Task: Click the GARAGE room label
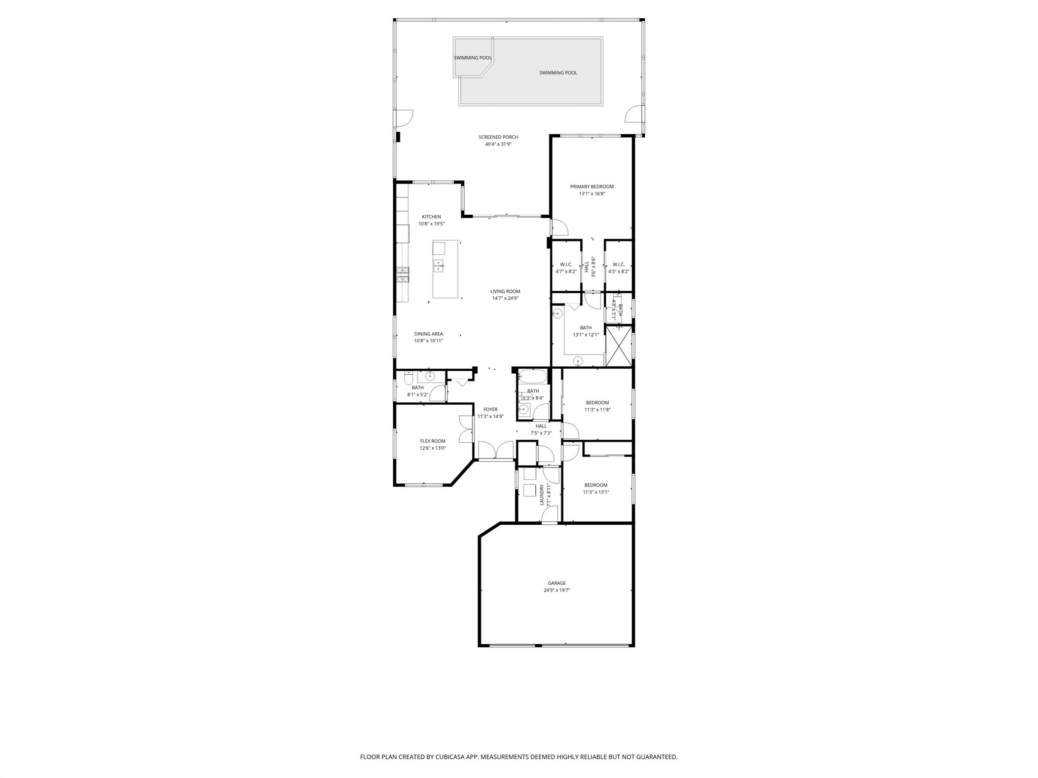[556, 583]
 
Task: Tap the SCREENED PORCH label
[498, 137]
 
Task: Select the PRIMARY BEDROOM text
[591, 187]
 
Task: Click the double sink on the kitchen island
[84, 263]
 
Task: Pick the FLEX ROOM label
[432, 441]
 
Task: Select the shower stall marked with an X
[619, 346]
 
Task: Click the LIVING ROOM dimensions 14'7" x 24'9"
[505, 298]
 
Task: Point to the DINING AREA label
[428, 334]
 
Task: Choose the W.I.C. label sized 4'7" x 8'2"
[566, 265]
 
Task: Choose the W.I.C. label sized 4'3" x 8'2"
[618, 265]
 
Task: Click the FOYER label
[490, 410]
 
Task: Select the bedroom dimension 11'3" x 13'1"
[596, 492]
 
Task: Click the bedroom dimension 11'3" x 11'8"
[597, 410]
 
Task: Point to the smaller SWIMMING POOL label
[472, 58]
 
